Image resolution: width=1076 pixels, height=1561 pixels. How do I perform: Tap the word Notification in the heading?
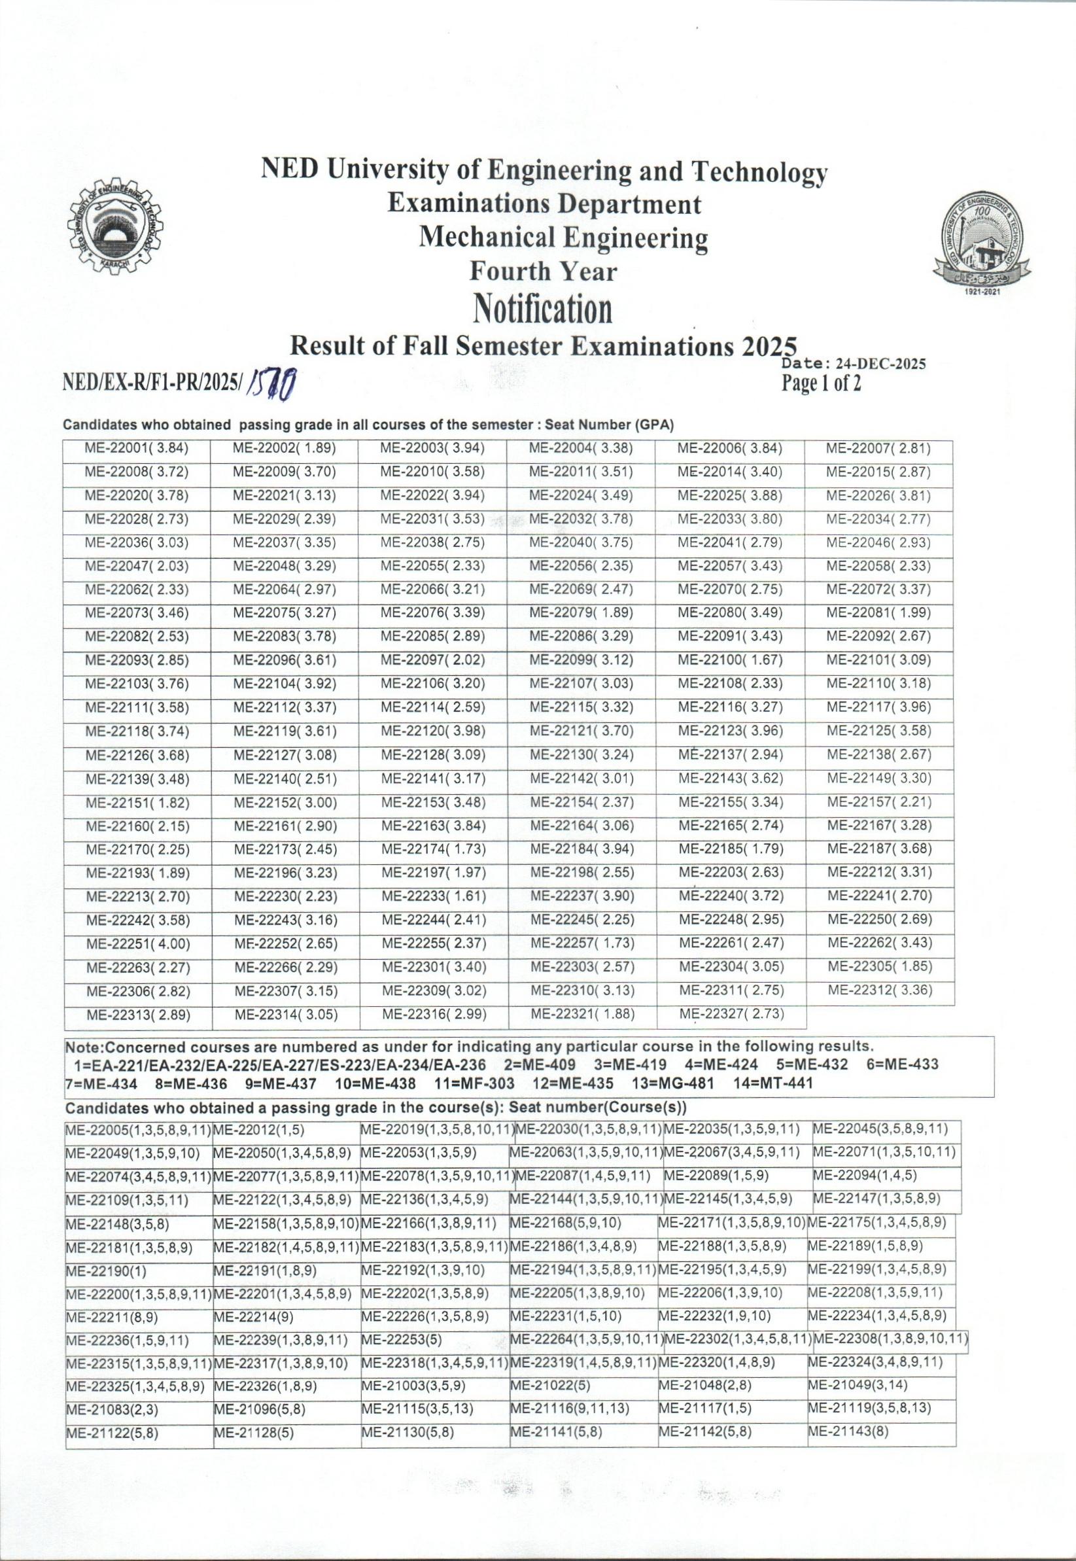tap(543, 309)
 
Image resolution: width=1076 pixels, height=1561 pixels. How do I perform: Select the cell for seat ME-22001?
tap(137, 447)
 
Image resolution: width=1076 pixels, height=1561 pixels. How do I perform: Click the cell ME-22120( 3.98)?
tap(434, 731)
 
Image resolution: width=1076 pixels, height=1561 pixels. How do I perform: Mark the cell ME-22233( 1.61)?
tap(434, 897)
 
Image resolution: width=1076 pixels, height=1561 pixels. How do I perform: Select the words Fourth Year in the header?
tap(543, 272)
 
